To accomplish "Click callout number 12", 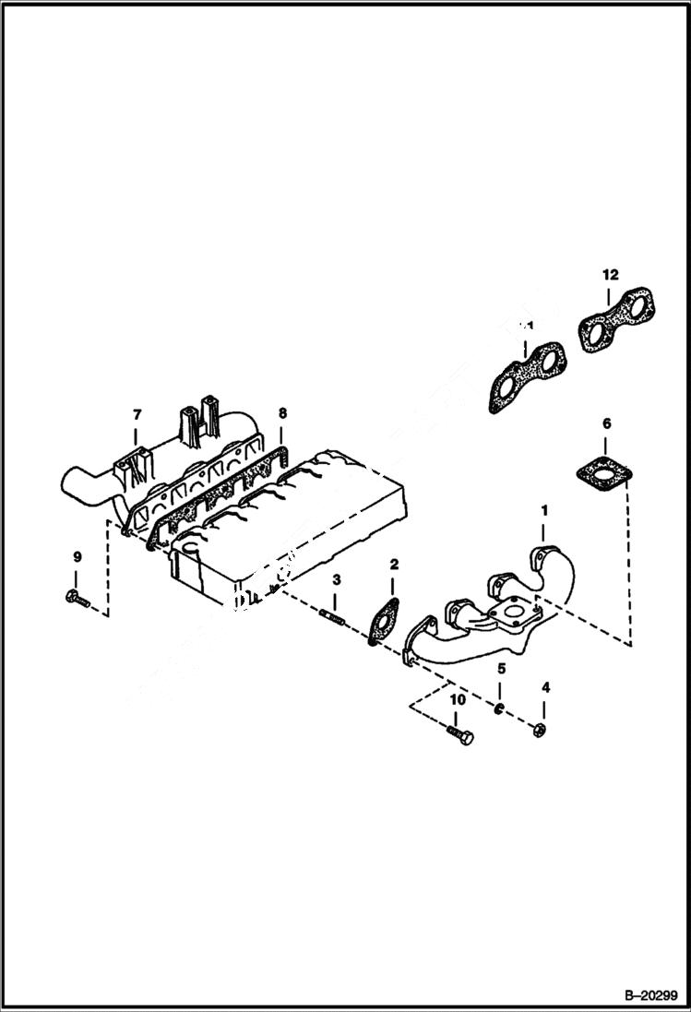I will point(611,274).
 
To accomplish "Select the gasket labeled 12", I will point(616,319).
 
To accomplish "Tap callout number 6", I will point(606,423).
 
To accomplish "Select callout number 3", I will point(337,579).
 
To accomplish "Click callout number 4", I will point(545,686).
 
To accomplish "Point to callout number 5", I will point(501,667).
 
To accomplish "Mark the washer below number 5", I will point(497,708).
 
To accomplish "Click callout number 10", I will point(457,701).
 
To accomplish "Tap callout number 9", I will point(77,556).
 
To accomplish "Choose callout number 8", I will point(283,412).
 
